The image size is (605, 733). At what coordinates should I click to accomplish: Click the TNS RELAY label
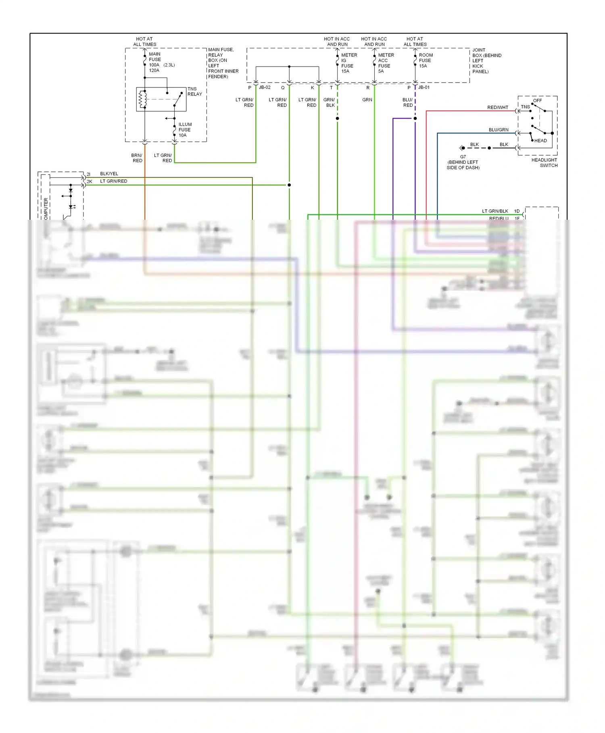(x=194, y=92)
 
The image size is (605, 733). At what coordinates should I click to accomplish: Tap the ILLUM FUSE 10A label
(x=185, y=130)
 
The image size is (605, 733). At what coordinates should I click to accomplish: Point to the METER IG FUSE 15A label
(x=348, y=63)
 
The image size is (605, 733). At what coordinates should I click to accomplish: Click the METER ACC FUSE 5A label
(x=385, y=63)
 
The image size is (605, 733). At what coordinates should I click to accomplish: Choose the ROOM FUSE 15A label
(x=425, y=60)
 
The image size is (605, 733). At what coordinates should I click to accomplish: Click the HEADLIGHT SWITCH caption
(x=544, y=162)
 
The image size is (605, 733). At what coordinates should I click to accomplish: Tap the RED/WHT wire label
(x=497, y=107)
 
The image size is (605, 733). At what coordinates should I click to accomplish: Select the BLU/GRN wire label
(x=498, y=130)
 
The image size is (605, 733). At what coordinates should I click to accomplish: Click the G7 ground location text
(x=463, y=162)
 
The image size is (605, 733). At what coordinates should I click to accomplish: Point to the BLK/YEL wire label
(x=109, y=174)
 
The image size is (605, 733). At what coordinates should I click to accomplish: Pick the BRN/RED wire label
(x=137, y=158)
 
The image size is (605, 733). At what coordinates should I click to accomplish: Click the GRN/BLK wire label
(x=329, y=102)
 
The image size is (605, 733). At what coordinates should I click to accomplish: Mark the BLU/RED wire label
(x=407, y=102)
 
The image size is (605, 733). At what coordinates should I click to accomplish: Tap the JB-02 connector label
(x=264, y=87)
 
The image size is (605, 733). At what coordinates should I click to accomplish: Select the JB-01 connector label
(x=423, y=87)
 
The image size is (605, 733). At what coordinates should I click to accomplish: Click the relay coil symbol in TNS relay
(x=142, y=100)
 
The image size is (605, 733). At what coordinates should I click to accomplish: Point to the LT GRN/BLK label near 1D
(x=495, y=211)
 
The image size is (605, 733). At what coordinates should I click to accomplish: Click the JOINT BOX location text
(x=486, y=61)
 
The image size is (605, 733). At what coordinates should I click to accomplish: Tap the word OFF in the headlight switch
(x=537, y=100)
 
